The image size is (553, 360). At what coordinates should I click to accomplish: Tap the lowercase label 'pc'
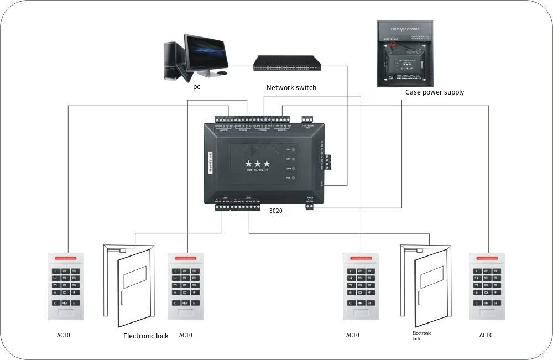coord(196,87)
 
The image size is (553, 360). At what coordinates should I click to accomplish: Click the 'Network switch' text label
coord(291,87)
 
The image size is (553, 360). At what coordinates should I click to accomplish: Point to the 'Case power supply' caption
coord(435,92)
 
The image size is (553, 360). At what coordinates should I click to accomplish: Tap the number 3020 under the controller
coord(276,211)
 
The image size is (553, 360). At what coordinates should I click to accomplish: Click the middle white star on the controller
coord(258,164)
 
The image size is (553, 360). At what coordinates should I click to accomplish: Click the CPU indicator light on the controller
coord(294,149)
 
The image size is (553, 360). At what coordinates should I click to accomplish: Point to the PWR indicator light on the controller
coord(294,178)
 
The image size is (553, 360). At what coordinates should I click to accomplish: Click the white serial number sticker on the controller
coord(209,164)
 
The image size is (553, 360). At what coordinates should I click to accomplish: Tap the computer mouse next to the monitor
coord(222,72)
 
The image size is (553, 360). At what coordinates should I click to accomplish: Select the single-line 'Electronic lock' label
coord(146,336)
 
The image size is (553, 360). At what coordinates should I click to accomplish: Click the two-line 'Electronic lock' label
coord(421,336)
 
